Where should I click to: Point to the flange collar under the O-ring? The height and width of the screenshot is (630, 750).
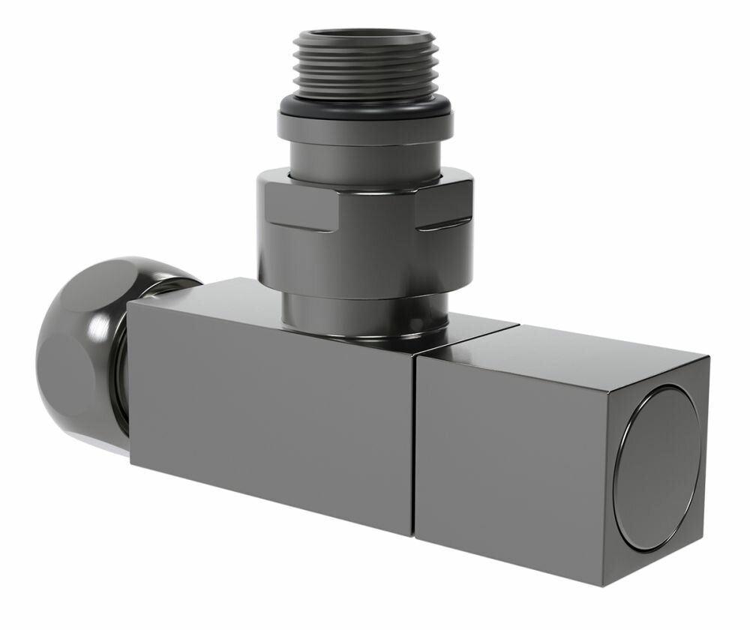[366, 128]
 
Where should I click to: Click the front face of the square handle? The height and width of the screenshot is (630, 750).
[510, 457]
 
